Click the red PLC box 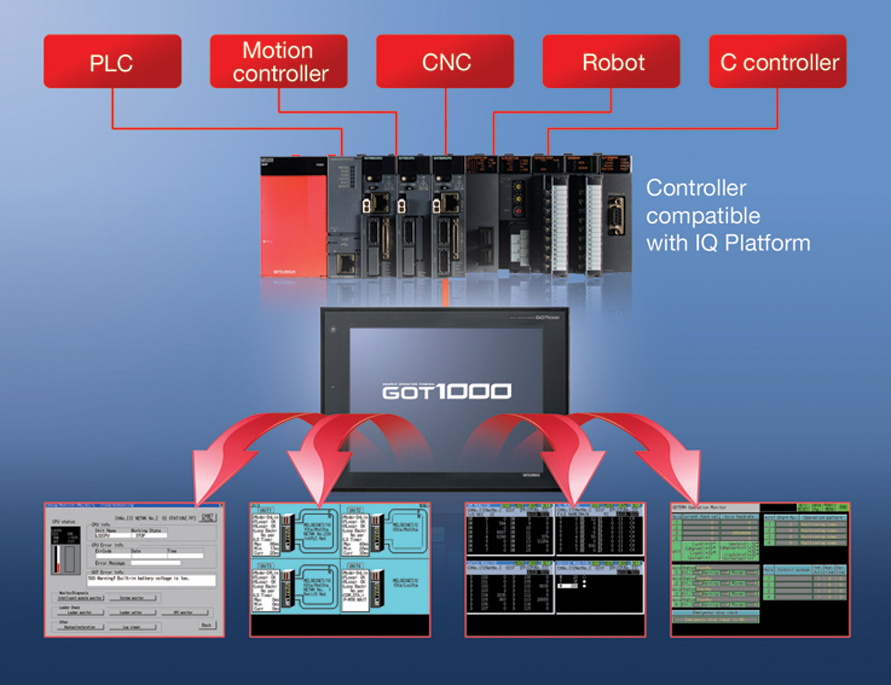pos(112,61)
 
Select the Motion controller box pos(279,61)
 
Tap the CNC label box pos(445,61)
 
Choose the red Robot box pos(611,61)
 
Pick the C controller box pos(778,61)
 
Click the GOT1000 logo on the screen pos(446,391)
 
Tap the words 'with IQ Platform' pos(728,243)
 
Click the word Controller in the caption pos(696,188)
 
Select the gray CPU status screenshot pos(134,569)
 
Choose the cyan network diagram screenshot pos(340,569)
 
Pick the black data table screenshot pos(555,569)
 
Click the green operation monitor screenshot pos(760,569)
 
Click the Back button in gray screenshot pos(207,625)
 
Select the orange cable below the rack pos(445,292)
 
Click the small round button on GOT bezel pos(333,329)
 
